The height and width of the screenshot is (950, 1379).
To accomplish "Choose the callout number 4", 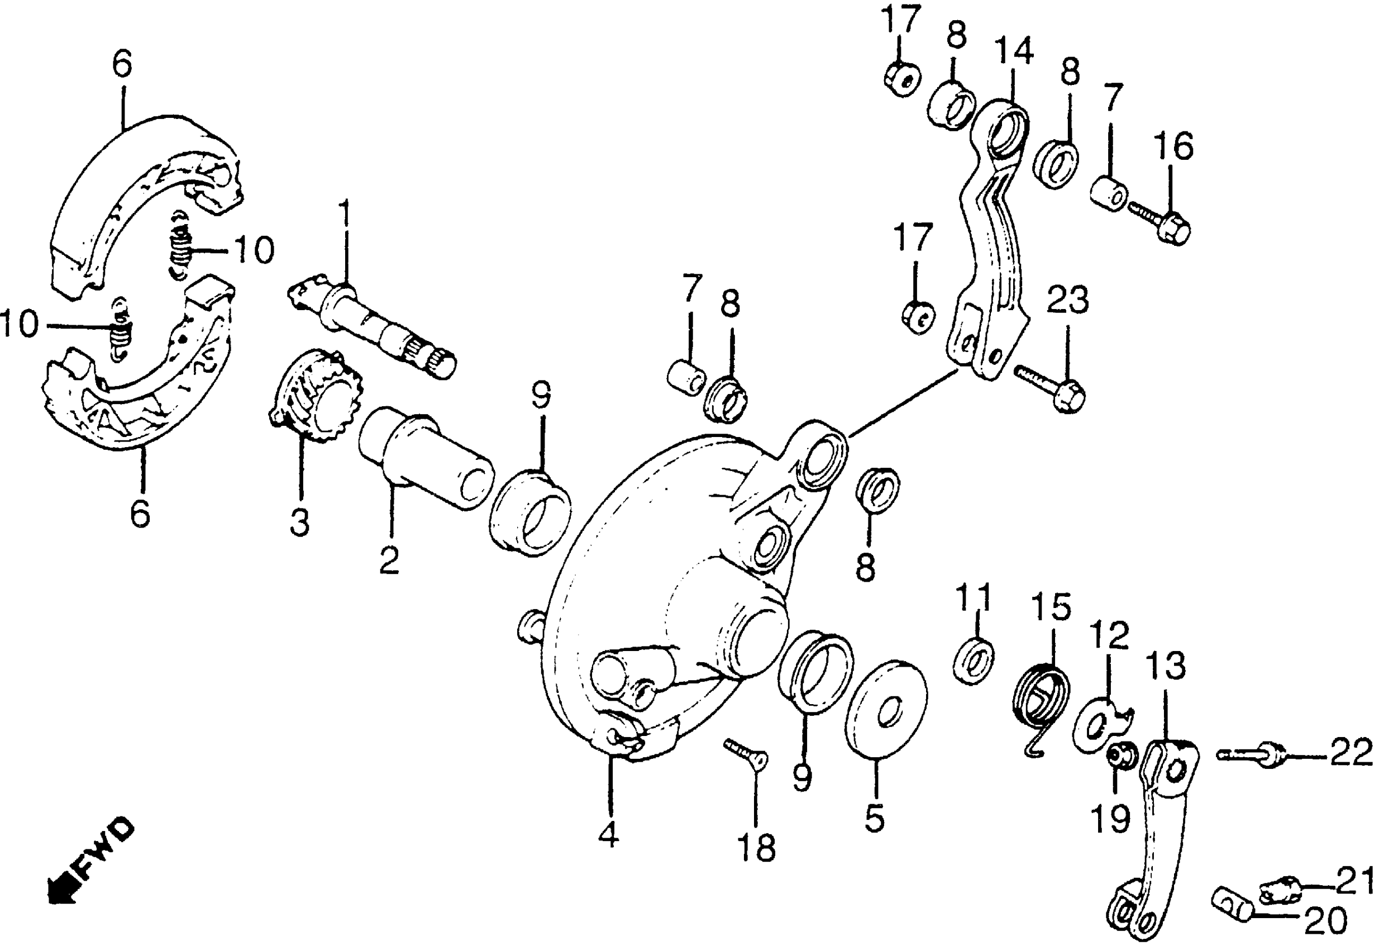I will pyautogui.click(x=609, y=835).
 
